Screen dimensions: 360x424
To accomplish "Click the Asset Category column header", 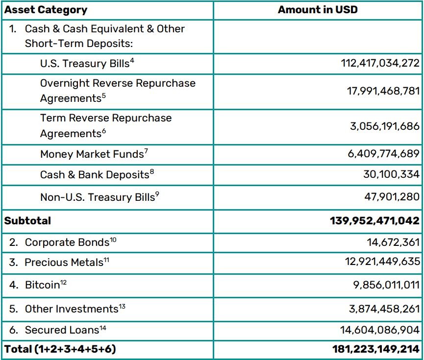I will coord(46,10).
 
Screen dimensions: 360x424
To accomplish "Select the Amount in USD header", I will coord(318,10).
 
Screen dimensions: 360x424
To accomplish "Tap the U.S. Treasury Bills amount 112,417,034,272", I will coord(380,63).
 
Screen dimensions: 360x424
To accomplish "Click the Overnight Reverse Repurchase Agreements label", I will coord(118,91).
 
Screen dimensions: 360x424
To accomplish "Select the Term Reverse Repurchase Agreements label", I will coord(106,126).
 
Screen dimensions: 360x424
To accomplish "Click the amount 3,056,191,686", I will coord(385,126).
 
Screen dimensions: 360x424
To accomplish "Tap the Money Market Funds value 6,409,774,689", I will coord(384,154).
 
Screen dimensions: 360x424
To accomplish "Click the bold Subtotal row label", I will coord(27,220).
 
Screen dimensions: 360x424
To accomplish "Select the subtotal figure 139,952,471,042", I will coord(375,220).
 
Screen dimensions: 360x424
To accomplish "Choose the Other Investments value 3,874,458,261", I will coord(384,309).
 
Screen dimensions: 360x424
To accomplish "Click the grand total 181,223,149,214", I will coord(376,349).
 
